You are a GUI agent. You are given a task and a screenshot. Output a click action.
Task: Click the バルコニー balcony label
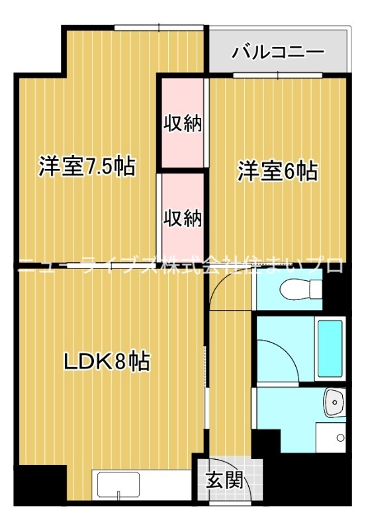click(x=277, y=52)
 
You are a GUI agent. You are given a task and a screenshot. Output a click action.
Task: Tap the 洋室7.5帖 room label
click(x=87, y=166)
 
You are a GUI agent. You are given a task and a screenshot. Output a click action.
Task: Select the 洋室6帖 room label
click(x=277, y=172)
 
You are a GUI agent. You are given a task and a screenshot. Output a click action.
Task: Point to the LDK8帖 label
click(x=107, y=361)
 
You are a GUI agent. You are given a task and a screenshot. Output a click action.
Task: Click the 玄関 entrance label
click(x=225, y=480)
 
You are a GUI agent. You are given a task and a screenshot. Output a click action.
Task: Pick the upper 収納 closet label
click(x=183, y=123)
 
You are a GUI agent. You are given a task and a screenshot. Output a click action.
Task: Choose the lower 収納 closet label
click(x=183, y=218)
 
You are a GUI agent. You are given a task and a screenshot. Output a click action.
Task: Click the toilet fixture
click(x=301, y=289)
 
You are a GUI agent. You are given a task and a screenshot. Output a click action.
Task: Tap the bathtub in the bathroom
click(x=330, y=348)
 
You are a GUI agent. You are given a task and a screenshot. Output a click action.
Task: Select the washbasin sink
click(x=335, y=403)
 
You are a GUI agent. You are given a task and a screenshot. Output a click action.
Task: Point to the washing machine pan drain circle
click(x=340, y=438)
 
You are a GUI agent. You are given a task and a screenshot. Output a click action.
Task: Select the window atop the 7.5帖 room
click(x=159, y=27)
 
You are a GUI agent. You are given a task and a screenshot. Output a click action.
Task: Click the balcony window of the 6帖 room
click(x=277, y=76)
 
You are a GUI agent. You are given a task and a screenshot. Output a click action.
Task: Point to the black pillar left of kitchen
click(x=40, y=486)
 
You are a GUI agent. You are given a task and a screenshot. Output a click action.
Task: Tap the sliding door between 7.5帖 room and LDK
click(x=111, y=266)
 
